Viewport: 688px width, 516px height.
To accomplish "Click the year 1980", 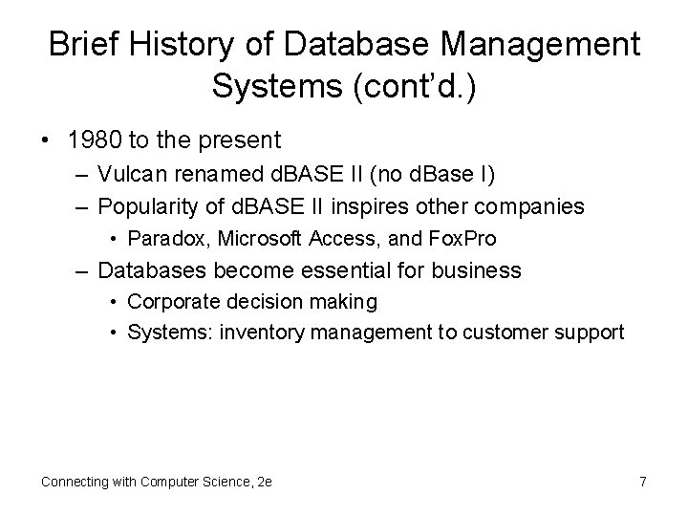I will click(96, 141).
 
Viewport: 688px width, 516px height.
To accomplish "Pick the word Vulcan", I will click(131, 177).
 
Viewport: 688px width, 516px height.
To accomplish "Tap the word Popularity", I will click(146, 207).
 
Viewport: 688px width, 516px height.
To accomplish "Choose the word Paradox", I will click(162, 239).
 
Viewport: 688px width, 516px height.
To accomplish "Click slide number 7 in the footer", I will click(642, 482).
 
